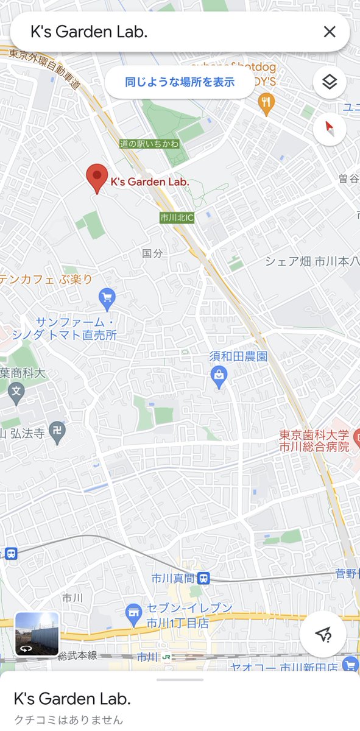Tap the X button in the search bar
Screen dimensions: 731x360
point(330,32)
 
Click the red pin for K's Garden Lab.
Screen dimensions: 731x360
point(96,178)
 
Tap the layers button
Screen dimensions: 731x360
point(330,82)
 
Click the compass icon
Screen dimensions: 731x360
point(330,129)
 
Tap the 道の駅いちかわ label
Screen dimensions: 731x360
point(149,144)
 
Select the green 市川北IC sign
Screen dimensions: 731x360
point(177,217)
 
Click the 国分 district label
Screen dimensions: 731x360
point(152,253)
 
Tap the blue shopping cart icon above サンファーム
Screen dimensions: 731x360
point(107,298)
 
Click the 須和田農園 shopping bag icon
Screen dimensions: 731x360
point(219,378)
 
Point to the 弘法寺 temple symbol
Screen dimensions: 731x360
point(57,431)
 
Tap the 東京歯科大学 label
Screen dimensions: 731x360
point(314,435)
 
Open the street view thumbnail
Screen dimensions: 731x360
point(37,634)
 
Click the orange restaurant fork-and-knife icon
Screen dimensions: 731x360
point(265,102)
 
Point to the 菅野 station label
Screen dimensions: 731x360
point(345,573)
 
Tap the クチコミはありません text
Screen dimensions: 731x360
point(68,719)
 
